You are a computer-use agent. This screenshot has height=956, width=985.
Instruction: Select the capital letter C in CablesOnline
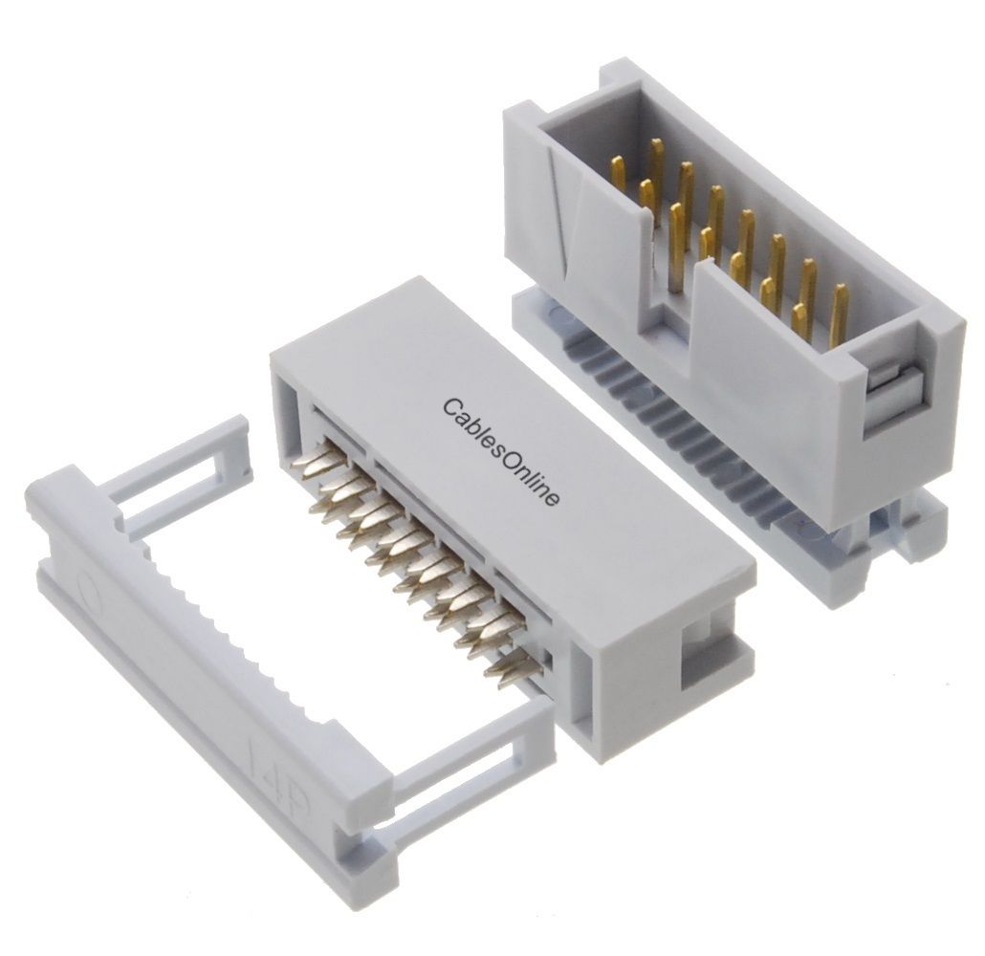tap(451, 407)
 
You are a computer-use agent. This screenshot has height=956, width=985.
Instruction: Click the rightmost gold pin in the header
tap(839, 313)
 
